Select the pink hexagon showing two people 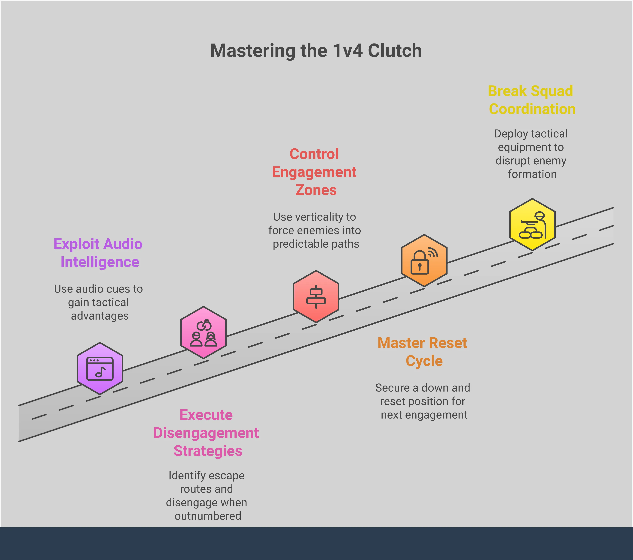(x=203, y=332)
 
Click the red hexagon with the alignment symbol (x=316, y=296)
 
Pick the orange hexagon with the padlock (x=424, y=260)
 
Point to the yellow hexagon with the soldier (x=532, y=225)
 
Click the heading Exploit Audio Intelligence (x=98, y=253)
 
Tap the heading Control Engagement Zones (x=314, y=172)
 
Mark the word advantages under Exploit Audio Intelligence (x=100, y=316)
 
